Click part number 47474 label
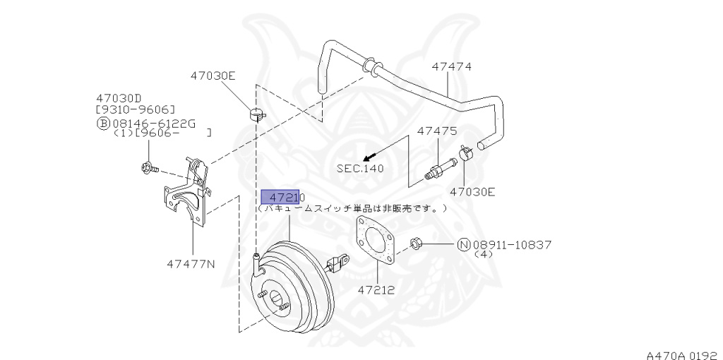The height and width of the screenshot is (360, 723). [452, 67]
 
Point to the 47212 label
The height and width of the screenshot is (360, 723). [376, 289]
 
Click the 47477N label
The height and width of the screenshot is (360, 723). [191, 264]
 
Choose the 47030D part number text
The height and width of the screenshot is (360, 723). [119, 98]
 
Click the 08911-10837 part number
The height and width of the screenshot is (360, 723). [512, 245]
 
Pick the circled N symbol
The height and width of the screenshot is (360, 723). [464, 245]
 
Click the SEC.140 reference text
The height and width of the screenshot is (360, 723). [360, 169]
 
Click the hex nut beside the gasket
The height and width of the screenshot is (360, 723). [416, 244]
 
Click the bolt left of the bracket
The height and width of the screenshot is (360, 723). [149, 169]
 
